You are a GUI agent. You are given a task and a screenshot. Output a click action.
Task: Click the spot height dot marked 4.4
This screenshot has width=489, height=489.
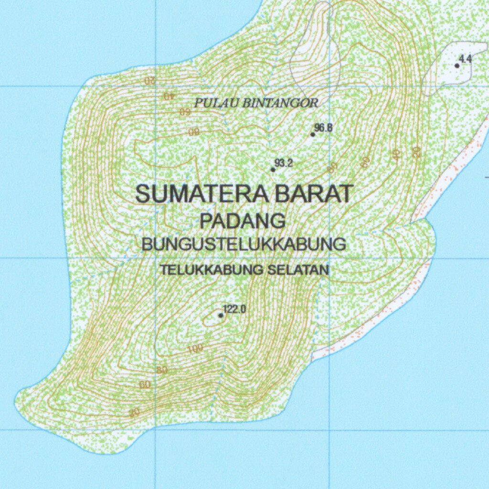pos(457,65)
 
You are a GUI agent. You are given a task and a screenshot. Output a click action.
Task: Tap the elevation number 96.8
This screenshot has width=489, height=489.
pos(324,128)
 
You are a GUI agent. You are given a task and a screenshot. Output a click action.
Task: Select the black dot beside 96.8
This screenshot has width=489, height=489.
pos(313,134)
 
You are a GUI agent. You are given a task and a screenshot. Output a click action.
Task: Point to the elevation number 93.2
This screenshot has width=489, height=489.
pos(284,163)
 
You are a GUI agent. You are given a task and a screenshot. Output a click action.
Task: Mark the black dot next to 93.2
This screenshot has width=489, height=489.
pos(273,169)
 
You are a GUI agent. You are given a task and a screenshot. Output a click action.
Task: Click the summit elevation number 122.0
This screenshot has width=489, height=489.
pos(234,309)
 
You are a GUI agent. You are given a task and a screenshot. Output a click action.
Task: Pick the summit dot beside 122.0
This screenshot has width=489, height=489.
pos(221,315)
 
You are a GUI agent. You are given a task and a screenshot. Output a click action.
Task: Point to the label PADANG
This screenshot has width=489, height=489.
pos(243,221)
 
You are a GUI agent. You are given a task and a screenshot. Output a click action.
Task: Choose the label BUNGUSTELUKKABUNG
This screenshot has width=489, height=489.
pos(244,244)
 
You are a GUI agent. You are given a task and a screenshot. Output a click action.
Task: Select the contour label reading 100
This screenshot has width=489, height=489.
pos(195,349)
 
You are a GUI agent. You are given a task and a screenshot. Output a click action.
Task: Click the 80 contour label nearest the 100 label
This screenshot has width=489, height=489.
pos(162,370)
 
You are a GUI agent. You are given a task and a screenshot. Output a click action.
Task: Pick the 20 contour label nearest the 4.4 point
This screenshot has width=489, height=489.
pos(415,151)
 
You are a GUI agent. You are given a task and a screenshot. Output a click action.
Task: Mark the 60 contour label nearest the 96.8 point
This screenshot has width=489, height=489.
pos(365,162)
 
